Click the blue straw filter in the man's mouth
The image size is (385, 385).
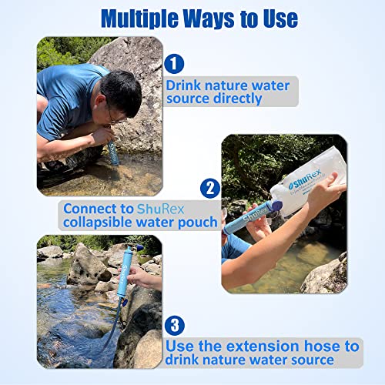[112, 148]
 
